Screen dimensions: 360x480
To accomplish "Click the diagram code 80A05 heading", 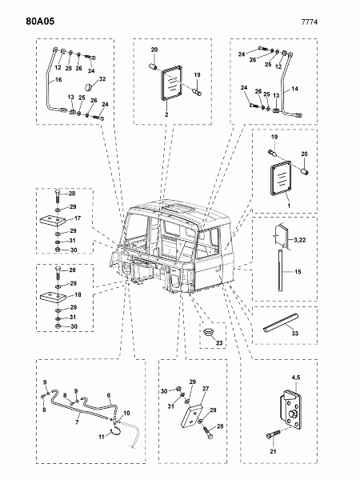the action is coord(40,21).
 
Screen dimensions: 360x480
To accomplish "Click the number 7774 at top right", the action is coord(310,22).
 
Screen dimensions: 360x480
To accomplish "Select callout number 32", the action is coord(102,78).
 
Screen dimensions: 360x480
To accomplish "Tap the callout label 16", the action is coord(58,79).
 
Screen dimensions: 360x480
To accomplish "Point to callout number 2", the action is coord(166,114).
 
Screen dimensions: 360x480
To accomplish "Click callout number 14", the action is coord(294,89).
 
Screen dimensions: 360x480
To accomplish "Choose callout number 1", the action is coord(288,206).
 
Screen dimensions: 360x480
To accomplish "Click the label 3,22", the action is coord(300,240).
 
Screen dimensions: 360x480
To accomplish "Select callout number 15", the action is coord(298,271).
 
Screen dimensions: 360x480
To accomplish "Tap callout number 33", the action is coord(294,333).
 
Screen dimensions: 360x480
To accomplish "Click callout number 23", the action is coord(219,343).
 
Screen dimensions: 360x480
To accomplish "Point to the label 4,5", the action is coord(296,377).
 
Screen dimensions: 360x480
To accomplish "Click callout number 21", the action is coord(273,451).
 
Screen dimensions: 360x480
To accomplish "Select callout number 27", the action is coord(206,389).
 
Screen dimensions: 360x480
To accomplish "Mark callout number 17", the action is coord(78,218).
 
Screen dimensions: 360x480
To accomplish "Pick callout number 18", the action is coord(78,294).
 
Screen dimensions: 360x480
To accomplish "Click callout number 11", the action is coord(102,437).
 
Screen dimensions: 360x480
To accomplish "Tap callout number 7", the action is coord(77,422).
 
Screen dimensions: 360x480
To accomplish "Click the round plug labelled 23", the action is coord(208,332).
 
